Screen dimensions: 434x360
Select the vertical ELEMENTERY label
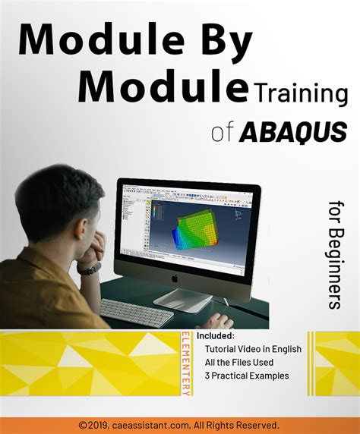click(x=186, y=363)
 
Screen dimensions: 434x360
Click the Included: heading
click(x=216, y=335)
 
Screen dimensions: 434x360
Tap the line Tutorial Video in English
click(x=253, y=349)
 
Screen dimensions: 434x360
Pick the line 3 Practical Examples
click(x=246, y=376)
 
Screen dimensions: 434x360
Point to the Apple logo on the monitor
click(x=175, y=278)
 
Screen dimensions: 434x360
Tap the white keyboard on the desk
click(x=137, y=312)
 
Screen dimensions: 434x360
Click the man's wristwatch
click(x=90, y=268)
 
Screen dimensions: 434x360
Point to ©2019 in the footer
click(x=93, y=425)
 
